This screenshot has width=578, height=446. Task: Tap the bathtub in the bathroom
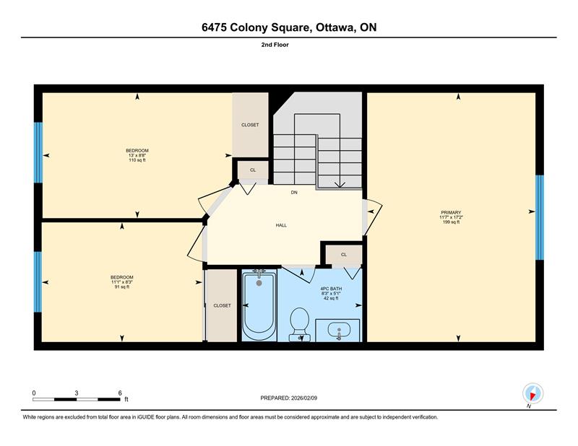tap(259, 305)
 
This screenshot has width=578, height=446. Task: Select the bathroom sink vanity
tap(337, 331)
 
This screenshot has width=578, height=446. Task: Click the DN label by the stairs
tap(294, 192)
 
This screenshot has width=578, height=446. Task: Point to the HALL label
tap(281, 225)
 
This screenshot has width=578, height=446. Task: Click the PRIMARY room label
tap(451, 212)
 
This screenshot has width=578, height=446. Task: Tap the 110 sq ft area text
tap(137, 160)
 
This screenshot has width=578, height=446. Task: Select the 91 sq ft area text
tap(122, 287)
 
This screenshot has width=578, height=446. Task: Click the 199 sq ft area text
tap(451, 222)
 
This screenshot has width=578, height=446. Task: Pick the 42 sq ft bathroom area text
tap(331, 298)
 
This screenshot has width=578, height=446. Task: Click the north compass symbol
tap(532, 393)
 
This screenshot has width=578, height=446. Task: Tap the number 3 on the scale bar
tap(77, 393)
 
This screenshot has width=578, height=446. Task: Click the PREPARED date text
tap(288, 398)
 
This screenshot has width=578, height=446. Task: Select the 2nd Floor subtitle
tap(275, 45)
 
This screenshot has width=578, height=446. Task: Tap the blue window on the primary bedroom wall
tap(539, 217)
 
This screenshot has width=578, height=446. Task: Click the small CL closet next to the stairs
tap(253, 170)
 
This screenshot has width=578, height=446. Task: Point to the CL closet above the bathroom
tap(344, 255)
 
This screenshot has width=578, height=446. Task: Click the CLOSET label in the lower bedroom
tap(223, 306)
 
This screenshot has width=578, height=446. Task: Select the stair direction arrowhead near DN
tap(340, 185)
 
